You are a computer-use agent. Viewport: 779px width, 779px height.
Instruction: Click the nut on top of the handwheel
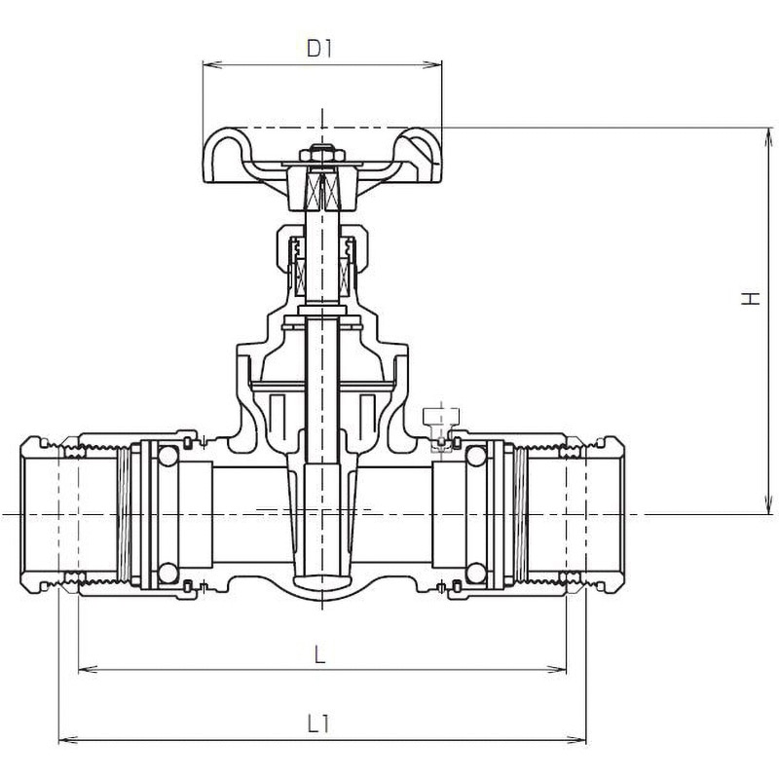[321, 153]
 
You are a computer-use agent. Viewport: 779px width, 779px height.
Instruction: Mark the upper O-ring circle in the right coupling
[476, 456]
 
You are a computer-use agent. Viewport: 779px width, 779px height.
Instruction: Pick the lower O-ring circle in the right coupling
[476, 574]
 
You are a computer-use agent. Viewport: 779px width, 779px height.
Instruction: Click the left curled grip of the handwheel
[223, 156]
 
